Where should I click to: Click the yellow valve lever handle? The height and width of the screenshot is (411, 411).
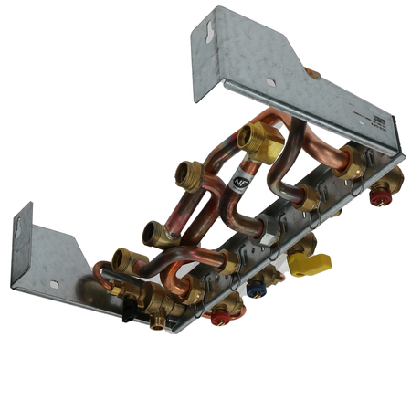310,264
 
